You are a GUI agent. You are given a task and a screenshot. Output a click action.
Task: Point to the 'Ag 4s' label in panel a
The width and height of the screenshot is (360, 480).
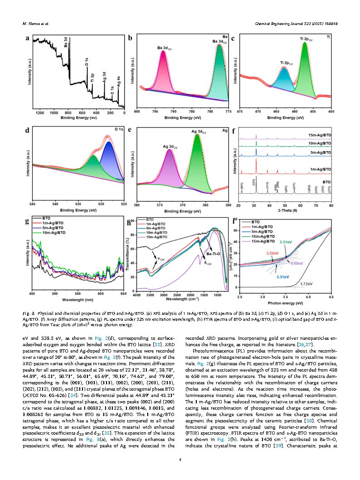[119, 83]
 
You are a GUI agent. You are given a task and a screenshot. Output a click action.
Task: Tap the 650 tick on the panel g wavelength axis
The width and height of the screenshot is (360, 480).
[123, 294]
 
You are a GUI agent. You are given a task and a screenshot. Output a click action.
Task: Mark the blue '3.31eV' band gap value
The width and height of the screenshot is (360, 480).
[283, 276]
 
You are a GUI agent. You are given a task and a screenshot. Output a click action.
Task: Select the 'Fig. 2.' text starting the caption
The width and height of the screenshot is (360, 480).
[29, 313]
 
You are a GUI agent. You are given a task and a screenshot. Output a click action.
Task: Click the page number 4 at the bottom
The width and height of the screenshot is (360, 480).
[180, 460]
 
